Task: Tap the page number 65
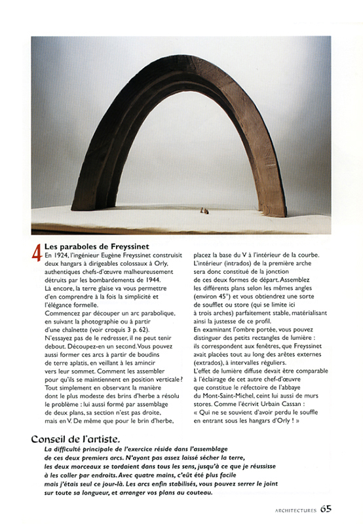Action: (x=326, y=508)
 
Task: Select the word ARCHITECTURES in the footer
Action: (x=286, y=509)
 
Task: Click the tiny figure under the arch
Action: (x=204, y=210)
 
